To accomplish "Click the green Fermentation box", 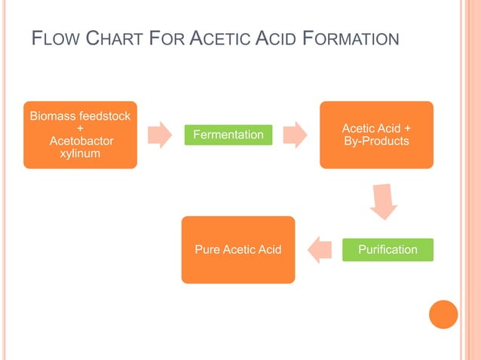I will click(228, 135).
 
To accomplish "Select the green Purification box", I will click(388, 249).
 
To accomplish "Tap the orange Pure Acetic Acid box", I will click(237, 249).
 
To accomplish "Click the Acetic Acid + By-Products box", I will click(376, 135).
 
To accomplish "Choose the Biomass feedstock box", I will click(80, 135).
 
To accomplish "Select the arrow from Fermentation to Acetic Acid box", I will click(296, 135).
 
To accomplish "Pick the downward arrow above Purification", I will click(384, 201).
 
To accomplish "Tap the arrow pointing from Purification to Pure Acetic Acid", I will click(320, 249).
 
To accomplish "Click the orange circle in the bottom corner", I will click(443, 314).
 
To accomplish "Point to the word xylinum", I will click(80, 154).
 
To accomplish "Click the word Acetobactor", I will click(80, 141).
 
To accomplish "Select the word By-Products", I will click(376, 142).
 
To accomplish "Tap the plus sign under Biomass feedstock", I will click(80, 128).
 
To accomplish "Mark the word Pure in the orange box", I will click(207, 249).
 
